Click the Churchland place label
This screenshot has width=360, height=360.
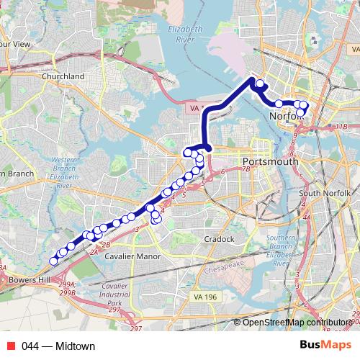point(63,76)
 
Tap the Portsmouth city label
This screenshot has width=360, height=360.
point(270,161)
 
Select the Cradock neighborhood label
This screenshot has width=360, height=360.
point(219,239)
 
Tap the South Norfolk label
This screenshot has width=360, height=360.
point(324,194)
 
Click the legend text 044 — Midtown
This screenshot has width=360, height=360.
point(58,346)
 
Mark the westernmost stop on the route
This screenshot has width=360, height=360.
point(53,261)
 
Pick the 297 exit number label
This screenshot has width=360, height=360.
point(136,329)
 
